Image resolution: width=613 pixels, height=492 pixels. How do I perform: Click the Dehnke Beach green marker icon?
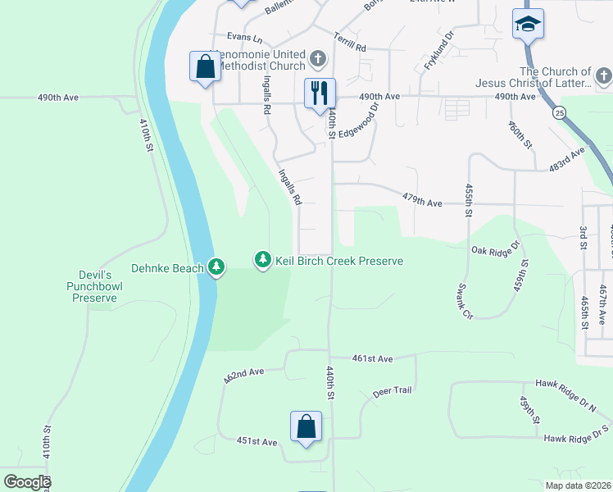click(x=216, y=267)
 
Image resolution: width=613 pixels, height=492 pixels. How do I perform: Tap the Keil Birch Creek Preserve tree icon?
click(x=262, y=261)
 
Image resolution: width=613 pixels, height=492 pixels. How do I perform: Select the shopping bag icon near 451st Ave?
click(x=306, y=426)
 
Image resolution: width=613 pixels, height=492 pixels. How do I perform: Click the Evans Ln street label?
click(x=244, y=38)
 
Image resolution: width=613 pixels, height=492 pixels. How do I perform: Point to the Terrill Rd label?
click(x=349, y=43)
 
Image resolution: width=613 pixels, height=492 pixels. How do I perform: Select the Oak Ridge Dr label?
click(x=496, y=248)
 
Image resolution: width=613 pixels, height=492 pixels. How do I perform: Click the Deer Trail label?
click(x=392, y=390)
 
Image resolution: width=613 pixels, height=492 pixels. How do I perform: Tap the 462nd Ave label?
click(x=244, y=376)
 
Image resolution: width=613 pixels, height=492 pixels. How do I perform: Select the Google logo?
click(x=27, y=482)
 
